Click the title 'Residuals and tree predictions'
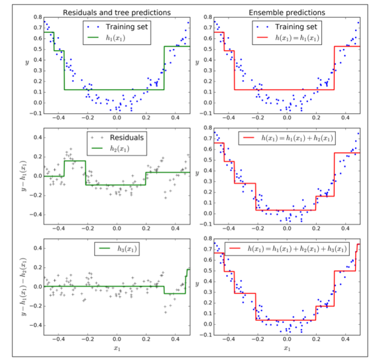(x=117, y=12)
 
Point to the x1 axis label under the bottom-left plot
(x=117, y=347)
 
